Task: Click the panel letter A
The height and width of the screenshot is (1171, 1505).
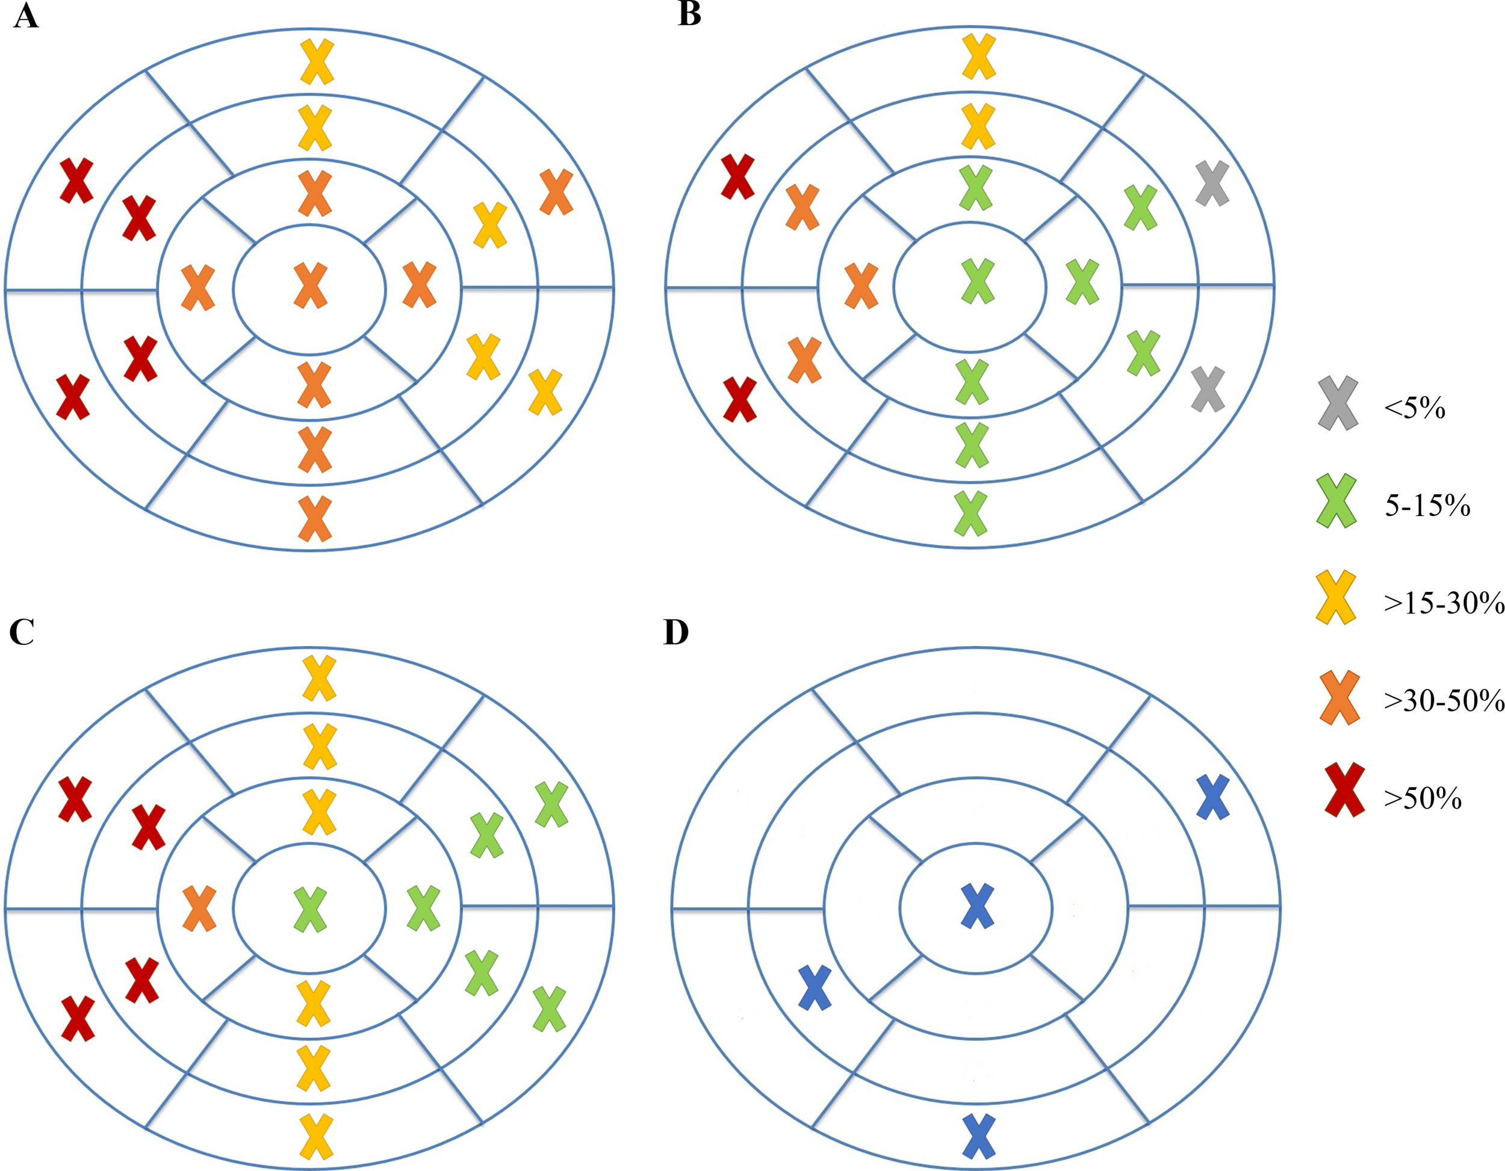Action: tap(25, 16)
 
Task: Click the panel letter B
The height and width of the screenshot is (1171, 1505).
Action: tap(689, 14)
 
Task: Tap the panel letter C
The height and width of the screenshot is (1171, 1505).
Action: tap(22, 632)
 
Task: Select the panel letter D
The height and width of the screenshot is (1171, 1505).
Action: tap(676, 632)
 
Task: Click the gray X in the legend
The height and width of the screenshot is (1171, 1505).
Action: tap(1338, 404)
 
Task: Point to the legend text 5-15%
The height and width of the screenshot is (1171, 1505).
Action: tap(1427, 506)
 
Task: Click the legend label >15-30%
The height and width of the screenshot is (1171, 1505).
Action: tap(1444, 603)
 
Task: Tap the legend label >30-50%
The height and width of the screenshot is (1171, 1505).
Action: tap(1444, 701)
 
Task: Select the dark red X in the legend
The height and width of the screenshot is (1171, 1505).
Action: tap(1344, 790)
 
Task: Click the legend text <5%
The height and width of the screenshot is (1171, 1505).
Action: tap(1414, 409)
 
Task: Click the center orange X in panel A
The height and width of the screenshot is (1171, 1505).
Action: tap(311, 285)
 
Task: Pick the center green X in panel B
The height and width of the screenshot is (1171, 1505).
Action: tap(978, 281)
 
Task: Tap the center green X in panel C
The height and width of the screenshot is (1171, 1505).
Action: tap(310, 910)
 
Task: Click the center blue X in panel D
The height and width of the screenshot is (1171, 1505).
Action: tap(977, 905)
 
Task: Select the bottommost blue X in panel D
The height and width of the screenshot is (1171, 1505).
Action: tap(978, 1137)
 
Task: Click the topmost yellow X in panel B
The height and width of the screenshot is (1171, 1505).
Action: tap(978, 57)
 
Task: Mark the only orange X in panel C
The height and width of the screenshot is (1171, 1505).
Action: tap(200, 909)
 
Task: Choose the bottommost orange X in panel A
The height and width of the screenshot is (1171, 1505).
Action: tap(315, 518)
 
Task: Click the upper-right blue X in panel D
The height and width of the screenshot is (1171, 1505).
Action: tap(1213, 798)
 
